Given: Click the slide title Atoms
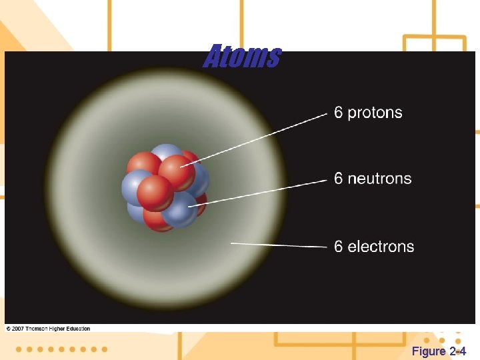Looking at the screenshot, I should [242, 57].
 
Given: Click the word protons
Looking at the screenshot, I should [375, 113].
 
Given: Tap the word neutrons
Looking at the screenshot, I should [379, 179].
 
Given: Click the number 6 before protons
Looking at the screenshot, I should [339, 113].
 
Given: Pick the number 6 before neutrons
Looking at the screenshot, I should [339, 179].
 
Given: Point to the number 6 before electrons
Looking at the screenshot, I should [339, 247].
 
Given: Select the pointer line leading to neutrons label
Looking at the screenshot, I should [267, 191].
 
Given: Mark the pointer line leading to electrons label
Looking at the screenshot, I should [280, 245].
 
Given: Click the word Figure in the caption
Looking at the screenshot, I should [429, 351].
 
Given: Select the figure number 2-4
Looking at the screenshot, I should [458, 351].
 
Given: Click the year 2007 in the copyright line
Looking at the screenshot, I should [19, 329].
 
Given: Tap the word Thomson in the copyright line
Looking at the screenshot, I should [36, 329].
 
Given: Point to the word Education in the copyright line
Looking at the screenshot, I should [76, 329].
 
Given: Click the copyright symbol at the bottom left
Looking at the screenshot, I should [8, 329].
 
